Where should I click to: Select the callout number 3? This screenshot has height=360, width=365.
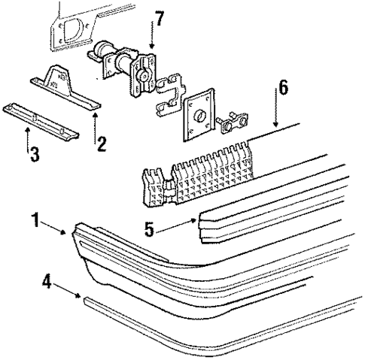click(34, 156)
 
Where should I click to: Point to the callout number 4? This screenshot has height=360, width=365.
click(47, 284)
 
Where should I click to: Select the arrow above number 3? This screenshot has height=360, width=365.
click(28, 139)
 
